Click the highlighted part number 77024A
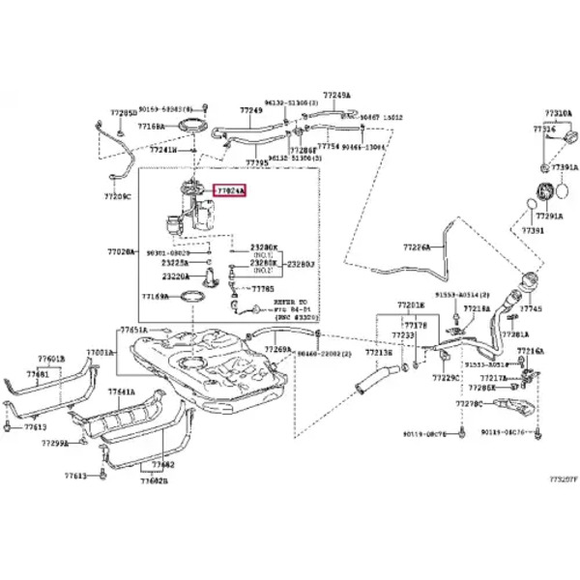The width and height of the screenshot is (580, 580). (230, 191)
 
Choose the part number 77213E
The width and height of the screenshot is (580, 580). (378, 354)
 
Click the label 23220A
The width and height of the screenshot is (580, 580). (175, 275)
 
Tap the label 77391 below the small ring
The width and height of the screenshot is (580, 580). (534, 232)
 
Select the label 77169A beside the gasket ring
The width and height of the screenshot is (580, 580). (157, 297)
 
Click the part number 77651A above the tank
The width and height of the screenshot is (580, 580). (134, 330)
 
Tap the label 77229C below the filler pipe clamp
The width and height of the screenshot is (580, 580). (445, 377)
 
